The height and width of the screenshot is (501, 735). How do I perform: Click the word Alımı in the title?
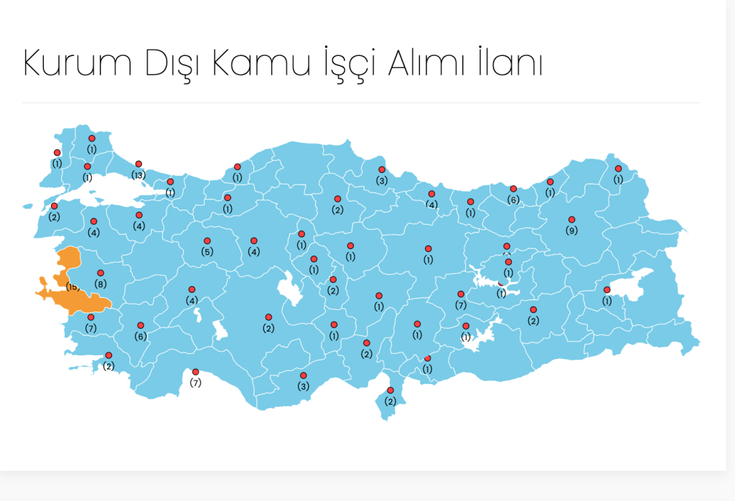(x=428, y=64)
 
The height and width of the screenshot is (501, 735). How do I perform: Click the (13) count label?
(x=139, y=175)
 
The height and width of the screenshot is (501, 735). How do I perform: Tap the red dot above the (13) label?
(x=139, y=164)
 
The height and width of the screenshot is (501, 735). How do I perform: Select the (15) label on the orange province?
(x=72, y=287)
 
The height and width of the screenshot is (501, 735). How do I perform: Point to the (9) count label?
(x=571, y=230)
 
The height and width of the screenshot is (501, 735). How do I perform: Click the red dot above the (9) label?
(x=571, y=220)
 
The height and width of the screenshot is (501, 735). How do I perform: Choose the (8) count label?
(x=100, y=284)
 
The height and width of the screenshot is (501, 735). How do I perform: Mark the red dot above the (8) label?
(x=100, y=273)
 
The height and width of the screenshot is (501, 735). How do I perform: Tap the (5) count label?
(x=207, y=252)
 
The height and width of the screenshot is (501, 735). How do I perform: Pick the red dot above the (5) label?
(x=207, y=241)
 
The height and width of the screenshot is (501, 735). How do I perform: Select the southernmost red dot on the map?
(x=390, y=390)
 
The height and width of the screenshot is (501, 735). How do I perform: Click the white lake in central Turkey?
(x=291, y=291)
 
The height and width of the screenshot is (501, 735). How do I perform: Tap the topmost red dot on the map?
(x=92, y=139)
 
